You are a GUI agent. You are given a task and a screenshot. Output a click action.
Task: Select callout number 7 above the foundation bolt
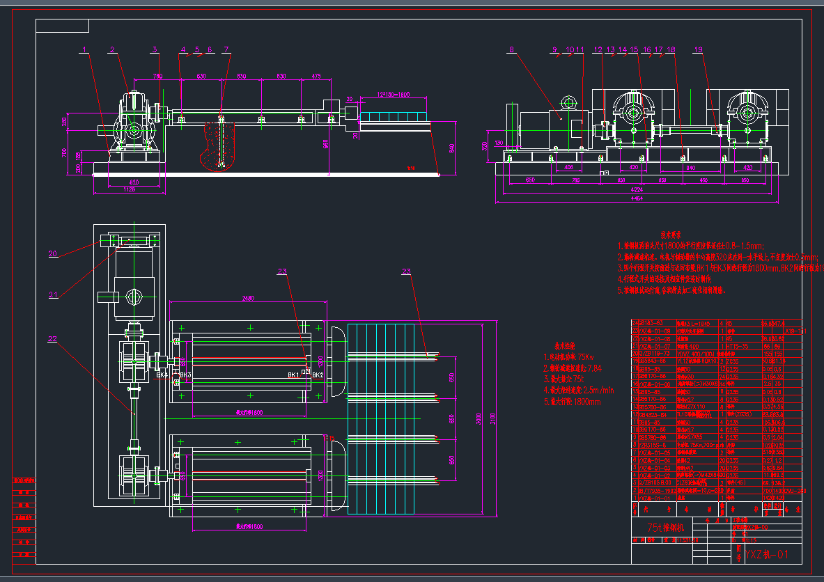pyautogui.click(x=226, y=49)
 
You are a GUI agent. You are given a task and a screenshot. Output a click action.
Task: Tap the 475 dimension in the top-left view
pyautogui.click(x=316, y=75)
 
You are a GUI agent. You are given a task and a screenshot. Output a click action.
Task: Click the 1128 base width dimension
pyautogui.click(x=130, y=189)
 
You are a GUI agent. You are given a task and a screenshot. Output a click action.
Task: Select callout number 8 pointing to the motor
pyautogui.click(x=511, y=49)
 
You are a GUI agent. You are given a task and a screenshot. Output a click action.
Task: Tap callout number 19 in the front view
pyautogui.click(x=699, y=49)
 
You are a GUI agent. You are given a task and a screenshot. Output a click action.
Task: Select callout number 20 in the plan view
pyautogui.click(x=53, y=253)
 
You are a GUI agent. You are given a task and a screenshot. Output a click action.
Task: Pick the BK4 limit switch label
pyautogui.click(x=162, y=375)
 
